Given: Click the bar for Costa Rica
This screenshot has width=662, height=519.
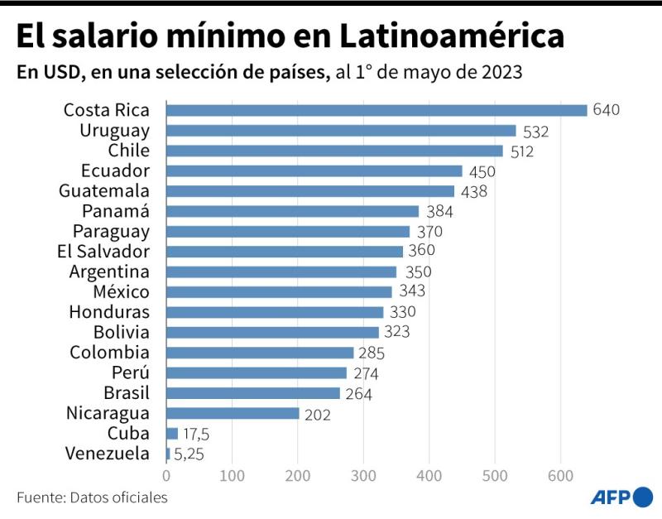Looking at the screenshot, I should [x=377, y=110].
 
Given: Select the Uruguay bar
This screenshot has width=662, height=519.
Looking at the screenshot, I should [x=341, y=131].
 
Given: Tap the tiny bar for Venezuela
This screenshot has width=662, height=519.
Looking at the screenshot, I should [x=168, y=454].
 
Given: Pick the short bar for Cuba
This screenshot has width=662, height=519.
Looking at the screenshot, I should [x=172, y=433].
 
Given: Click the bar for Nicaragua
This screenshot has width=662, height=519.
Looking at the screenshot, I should [x=233, y=413].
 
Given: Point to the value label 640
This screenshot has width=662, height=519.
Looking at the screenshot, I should [x=606, y=110].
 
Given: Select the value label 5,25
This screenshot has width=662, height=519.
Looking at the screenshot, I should [x=189, y=454].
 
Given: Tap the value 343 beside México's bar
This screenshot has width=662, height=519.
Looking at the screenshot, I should [x=412, y=292].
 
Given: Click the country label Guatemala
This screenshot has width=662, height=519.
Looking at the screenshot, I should [x=106, y=191].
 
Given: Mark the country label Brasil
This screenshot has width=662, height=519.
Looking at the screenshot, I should [x=127, y=393].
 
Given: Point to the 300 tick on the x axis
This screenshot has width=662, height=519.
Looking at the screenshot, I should [x=363, y=476].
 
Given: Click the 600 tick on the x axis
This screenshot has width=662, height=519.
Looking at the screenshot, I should [x=560, y=476].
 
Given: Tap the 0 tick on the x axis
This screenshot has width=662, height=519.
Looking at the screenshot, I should [x=166, y=476].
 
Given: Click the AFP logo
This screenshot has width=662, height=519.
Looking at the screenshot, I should [x=621, y=497].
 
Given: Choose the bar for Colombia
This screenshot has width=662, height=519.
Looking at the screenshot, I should [x=260, y=353].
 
